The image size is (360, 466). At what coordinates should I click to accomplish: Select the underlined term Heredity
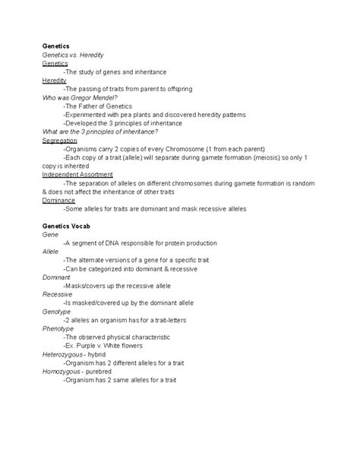54,81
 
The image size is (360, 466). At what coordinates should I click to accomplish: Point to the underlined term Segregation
59,141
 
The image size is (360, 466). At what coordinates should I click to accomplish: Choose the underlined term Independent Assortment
78,174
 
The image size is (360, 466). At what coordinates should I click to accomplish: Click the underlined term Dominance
58,200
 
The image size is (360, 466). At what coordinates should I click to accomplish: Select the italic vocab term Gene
50,235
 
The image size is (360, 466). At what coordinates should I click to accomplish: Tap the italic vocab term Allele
50,252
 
